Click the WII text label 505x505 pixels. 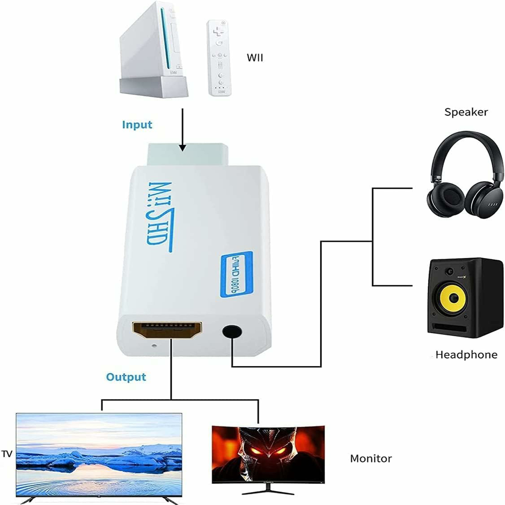(255, 57)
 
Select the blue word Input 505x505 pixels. (137, 125)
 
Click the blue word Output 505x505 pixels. (126, 377)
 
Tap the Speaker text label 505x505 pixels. (466, 112)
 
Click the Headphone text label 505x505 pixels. (466, 355)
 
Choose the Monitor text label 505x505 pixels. (371, 458)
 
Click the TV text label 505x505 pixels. (7, 454)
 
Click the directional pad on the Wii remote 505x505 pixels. (218, 32)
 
